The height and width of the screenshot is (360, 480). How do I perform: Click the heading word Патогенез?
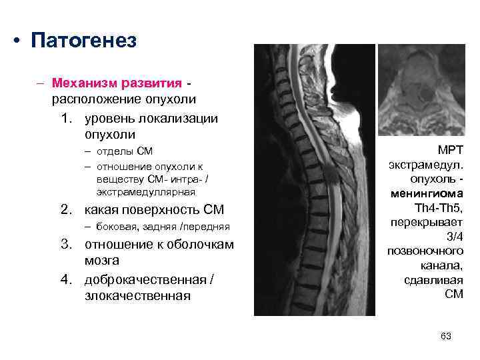[84, 41]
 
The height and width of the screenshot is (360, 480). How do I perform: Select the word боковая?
[113, 228]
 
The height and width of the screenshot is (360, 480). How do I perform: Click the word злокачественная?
[137, 295]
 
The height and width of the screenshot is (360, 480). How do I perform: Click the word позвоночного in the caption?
[425, 251]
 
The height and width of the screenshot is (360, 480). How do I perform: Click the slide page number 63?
[446, 336]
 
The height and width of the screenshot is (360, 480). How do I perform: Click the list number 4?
[65, 277]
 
